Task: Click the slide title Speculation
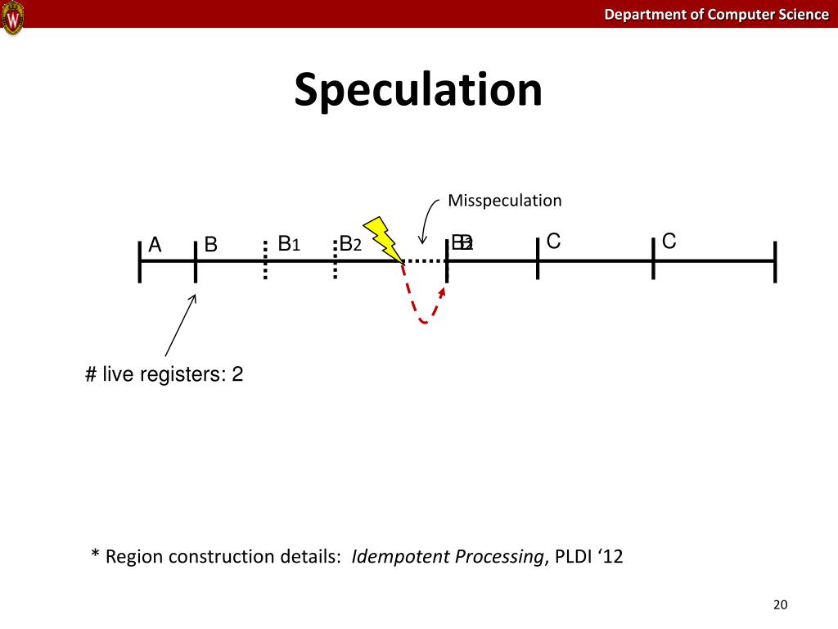point(418,89)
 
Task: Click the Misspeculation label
point(504,201)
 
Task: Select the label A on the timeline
point(155,245)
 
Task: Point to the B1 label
point(290,243)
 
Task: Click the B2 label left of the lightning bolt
point(350,243)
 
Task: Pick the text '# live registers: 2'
point(164,375)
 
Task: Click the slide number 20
point(779,605)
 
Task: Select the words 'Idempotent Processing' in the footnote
point(447,557)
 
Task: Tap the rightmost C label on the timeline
point(669,241)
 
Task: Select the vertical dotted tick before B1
point(265,260)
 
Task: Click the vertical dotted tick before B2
point(336,260)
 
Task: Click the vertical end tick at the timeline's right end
point(774,261)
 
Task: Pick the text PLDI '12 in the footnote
point(589,557)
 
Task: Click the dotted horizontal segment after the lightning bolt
point(425,261)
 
